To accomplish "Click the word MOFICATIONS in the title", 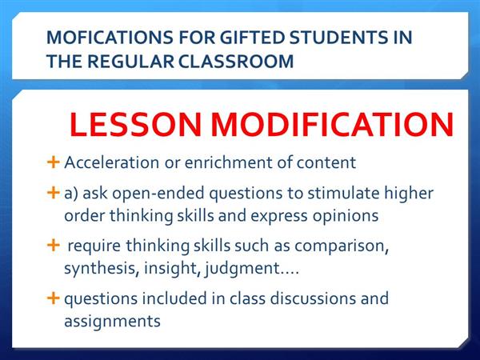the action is click(110, 38).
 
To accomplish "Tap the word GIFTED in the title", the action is click(252, 38).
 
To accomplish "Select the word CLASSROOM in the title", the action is click(236, 62).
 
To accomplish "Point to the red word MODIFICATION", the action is click(332, 124).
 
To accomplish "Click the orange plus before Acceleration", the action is click(54, 162).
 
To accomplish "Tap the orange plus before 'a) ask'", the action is click(54, 193).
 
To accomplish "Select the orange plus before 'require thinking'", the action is click(54, 246).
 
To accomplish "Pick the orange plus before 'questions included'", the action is click(54, 298).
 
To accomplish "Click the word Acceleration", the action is click(111, 162).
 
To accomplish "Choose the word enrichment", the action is click(228, 162).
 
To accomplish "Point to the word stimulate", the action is click(343, 194).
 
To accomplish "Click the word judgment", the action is click(242, 269).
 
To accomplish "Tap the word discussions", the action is click(313, 298).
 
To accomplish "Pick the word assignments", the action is click(112, 322).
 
